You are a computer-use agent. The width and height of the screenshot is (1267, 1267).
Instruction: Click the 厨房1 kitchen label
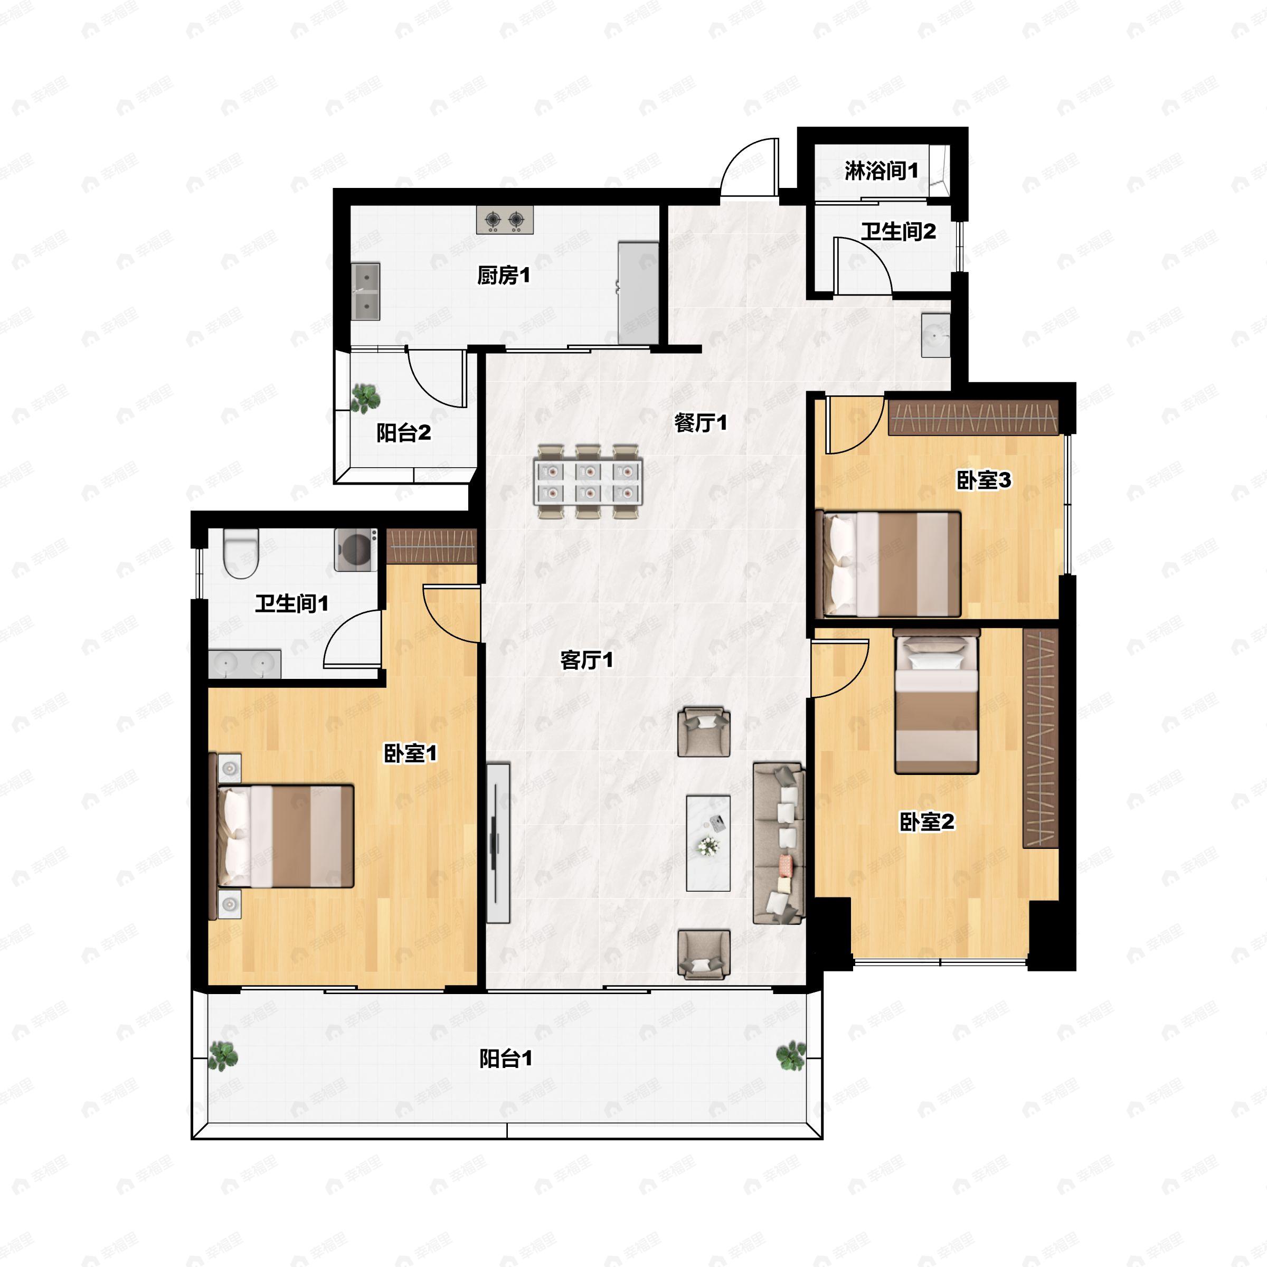(503, 276)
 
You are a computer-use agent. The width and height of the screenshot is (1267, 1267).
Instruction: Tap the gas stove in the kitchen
(504, 220)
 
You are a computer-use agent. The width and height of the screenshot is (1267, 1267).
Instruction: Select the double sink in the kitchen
(365, 291)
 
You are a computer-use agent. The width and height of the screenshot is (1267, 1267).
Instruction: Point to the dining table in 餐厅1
(588, 481)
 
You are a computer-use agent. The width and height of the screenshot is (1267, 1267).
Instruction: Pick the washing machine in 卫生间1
(355, 550)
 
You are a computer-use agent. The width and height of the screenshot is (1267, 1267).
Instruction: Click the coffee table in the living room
(708, 844)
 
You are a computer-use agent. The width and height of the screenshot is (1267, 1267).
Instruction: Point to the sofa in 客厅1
(779, 844)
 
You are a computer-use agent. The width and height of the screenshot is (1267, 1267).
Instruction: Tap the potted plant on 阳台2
(365, 398)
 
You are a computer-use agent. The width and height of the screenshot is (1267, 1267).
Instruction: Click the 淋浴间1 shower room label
(881, 171)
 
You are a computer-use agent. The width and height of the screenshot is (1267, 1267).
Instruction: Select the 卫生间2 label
(899, 232)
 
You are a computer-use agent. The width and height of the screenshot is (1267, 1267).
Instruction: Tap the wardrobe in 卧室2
(1041, 738)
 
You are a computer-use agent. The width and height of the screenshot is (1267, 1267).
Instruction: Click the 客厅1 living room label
(587, 660)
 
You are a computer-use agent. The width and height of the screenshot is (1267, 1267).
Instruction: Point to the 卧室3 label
(984, 480)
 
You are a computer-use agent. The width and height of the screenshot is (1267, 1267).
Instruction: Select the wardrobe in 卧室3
(973, 417)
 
